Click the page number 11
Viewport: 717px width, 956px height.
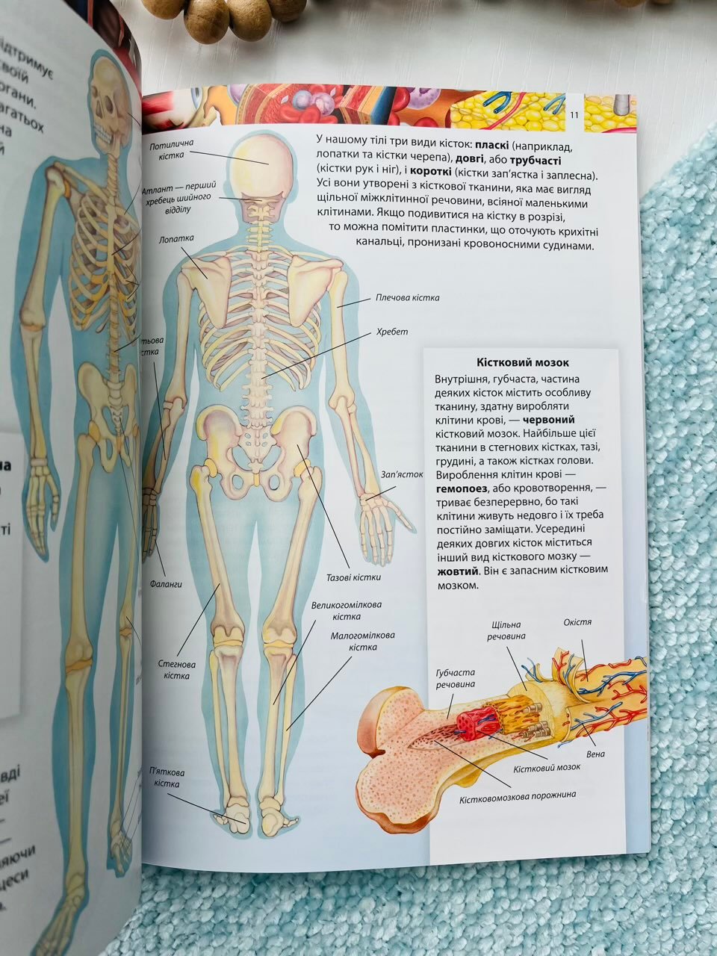[574, 114]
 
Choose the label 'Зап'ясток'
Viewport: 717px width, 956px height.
[402, 474]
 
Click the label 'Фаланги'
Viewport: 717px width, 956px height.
[169, 585]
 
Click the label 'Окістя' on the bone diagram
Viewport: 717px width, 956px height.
[577, 622]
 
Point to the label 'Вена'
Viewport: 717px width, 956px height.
[595, 754]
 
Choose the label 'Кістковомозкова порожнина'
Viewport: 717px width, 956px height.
[518, 795]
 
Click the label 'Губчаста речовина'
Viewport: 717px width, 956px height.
[455, 677]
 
